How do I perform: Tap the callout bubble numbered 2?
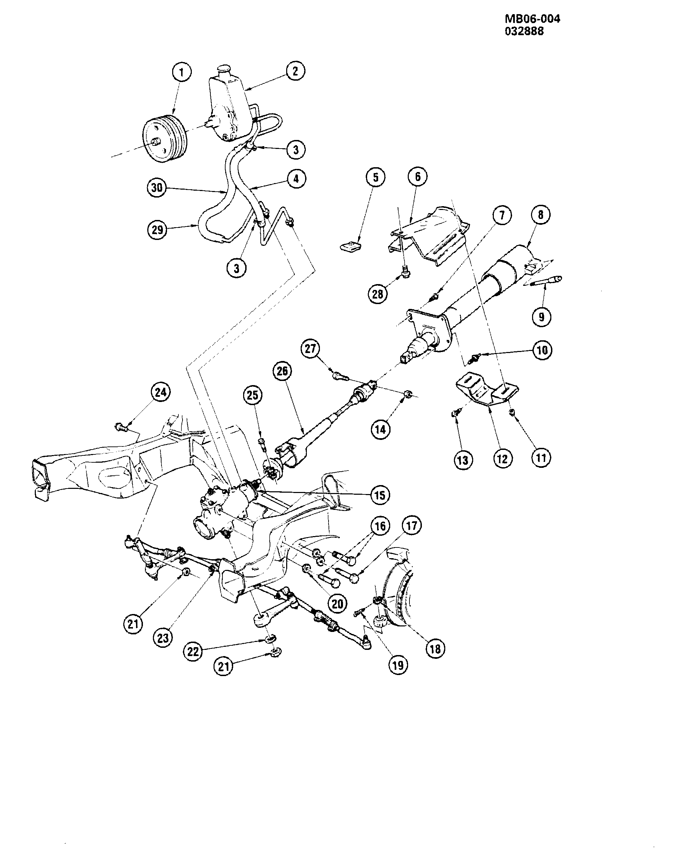(x=295, y=71)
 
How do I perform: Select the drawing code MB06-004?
(x=532, y=19)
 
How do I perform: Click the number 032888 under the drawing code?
(x=524, y=31)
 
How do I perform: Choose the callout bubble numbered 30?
(x=157, y=188)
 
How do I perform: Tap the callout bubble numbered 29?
(x=158, y=230)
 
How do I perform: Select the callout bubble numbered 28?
(x=378, y=294)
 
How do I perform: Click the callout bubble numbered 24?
(x=160, y=393)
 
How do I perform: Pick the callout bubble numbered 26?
(x=282, y=371)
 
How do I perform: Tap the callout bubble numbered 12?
(x=502, y=459)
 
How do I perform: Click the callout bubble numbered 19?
(x=398, y=665)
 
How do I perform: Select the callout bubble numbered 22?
(x=193, y=652)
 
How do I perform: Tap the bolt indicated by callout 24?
(x=121, y=428)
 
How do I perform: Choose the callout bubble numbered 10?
(x=542, y=350)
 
